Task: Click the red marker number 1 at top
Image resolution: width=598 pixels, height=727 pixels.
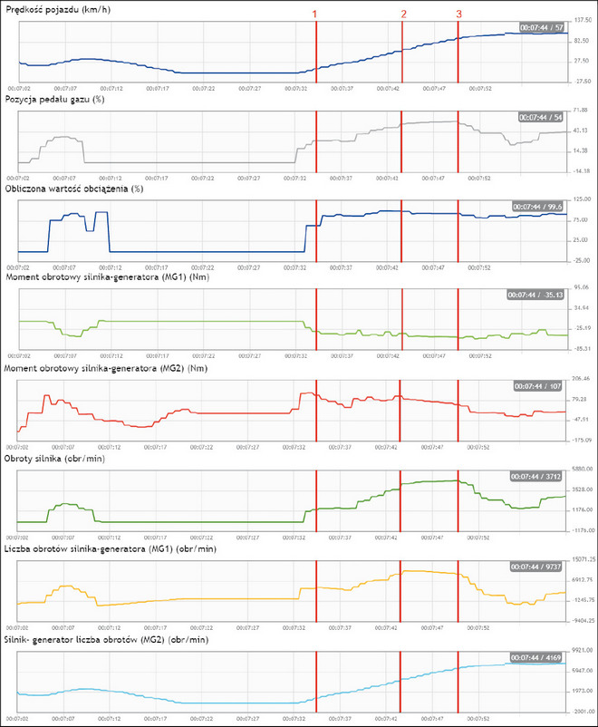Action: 315,15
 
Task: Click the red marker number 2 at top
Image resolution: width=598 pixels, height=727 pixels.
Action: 403,15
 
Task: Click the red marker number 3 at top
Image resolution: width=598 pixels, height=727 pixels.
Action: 458,15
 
